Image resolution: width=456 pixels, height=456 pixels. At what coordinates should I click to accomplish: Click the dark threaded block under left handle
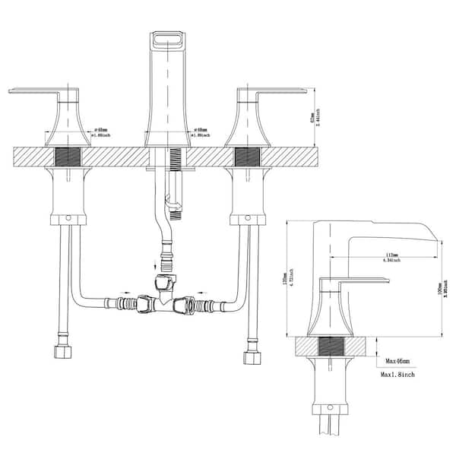[x=68, y=157]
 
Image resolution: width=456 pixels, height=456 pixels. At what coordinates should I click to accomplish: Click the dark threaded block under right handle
[x=247, y=157]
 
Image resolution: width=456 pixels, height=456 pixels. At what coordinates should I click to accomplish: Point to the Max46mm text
[x=399, y=361]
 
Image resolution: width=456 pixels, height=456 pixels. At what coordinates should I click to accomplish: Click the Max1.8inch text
[x=399, y=376]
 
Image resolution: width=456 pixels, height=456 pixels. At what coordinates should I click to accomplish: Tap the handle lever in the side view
[x=357, y=280]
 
